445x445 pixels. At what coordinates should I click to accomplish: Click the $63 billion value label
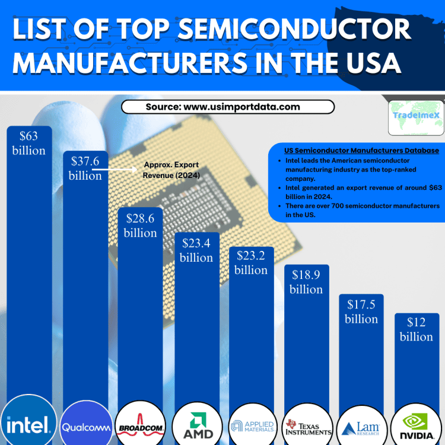[x=28, y=143]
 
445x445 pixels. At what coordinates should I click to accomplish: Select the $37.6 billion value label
[x=85, y=169]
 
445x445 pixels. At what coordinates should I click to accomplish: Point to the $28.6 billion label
[x=140, y=225]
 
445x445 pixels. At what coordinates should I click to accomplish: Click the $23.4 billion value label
[x=196, y=250]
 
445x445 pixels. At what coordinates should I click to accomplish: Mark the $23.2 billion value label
[x=251, y=263]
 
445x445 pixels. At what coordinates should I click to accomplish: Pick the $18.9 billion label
[x=307, y=282]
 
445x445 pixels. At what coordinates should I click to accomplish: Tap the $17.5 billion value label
[x=361, y=311]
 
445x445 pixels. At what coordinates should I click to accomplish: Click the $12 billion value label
[x=417, y=329]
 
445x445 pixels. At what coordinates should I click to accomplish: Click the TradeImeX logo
[x=417, y=116]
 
